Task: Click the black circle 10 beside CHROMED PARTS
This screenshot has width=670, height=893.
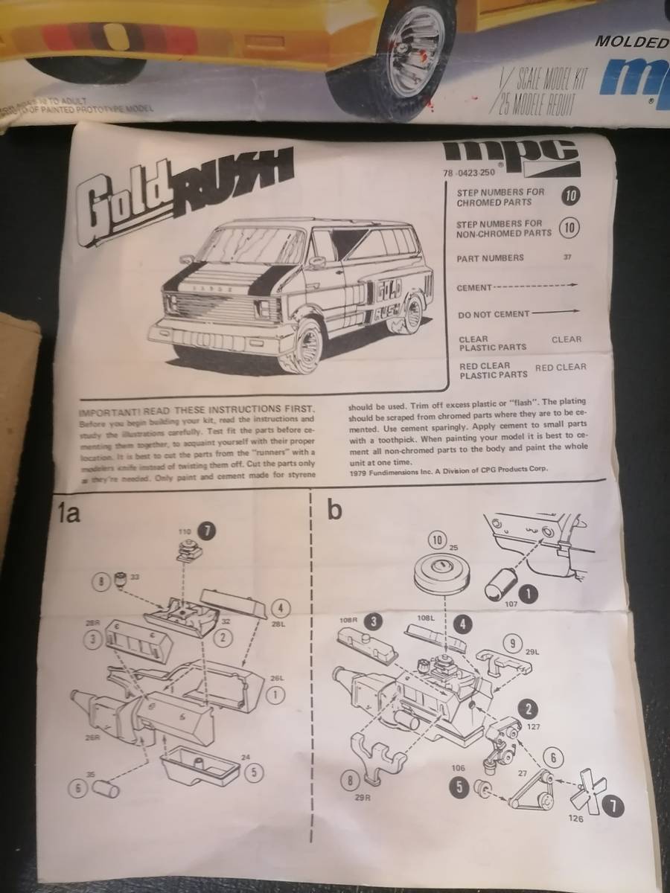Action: pyautogui.click(x=569, y=196)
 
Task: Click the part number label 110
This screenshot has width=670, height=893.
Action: pyautogui.click(x=185, y=531)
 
